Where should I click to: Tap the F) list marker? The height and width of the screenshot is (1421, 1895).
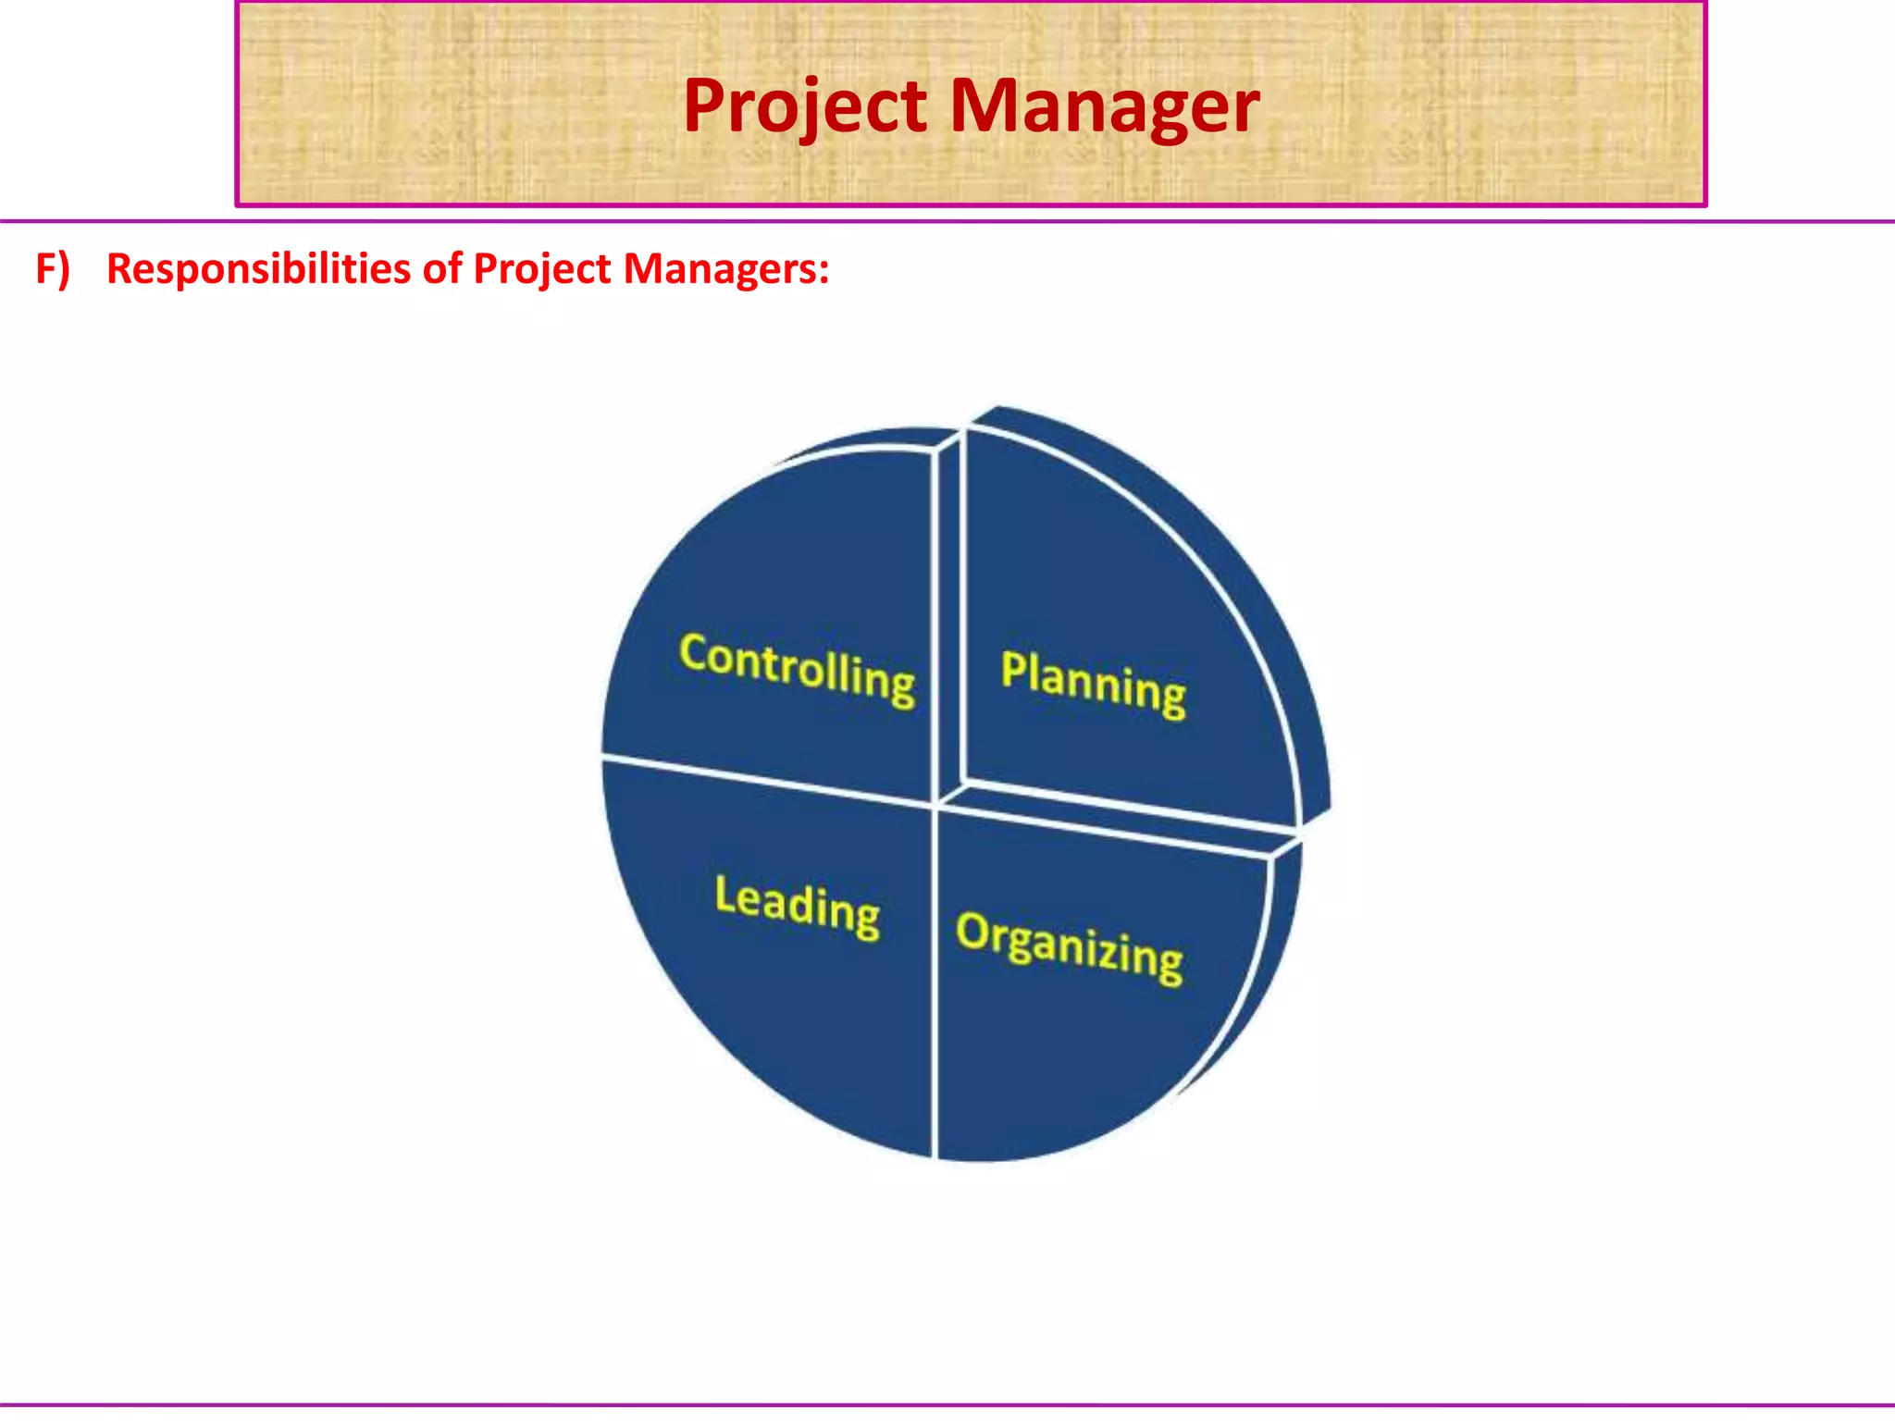tap(52, 269)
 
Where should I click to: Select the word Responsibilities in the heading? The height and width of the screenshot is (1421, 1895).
tap(258, 269)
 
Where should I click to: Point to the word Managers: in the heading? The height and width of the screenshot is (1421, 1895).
tap(725, 269)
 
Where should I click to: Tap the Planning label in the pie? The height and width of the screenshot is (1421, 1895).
tap(1093, 683)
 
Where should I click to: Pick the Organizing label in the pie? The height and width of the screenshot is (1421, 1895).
tap(1069, 948)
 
